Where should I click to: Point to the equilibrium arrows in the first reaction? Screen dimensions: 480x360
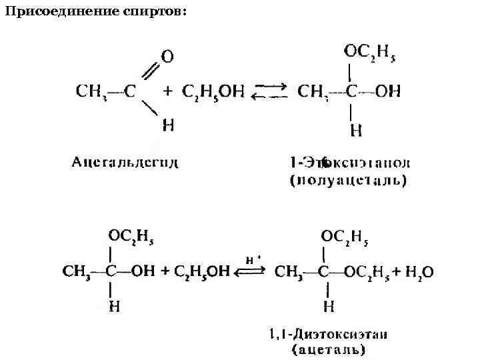point(270,91)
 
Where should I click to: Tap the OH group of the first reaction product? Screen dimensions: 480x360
point(388,91)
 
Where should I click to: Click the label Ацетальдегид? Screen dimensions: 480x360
point(125,161)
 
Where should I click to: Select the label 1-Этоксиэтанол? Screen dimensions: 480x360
point(350,163)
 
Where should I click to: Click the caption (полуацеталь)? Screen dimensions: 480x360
point(348,180)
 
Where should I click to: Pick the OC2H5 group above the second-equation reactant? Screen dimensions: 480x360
point(133,237)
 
